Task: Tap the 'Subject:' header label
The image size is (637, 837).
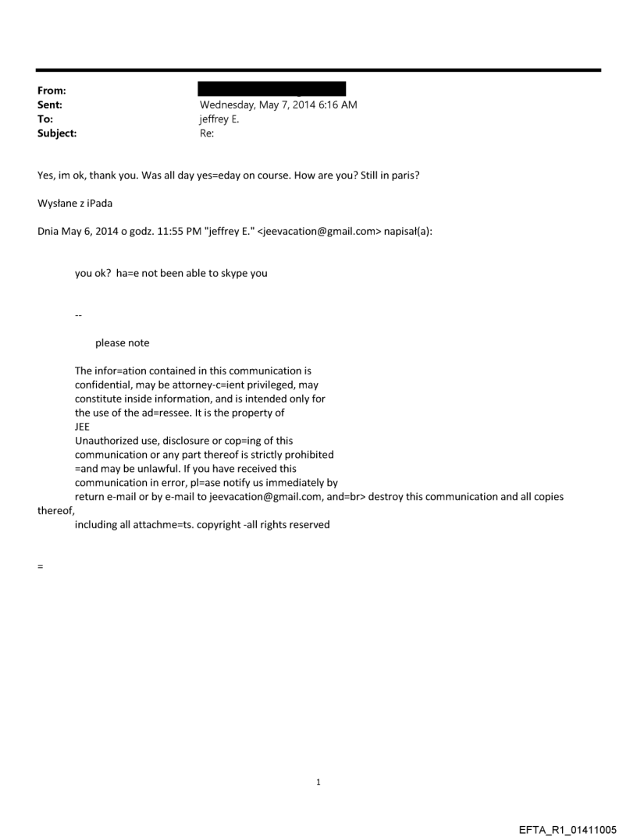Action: [55, 133]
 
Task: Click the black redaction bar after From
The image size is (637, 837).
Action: [272, 88]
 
